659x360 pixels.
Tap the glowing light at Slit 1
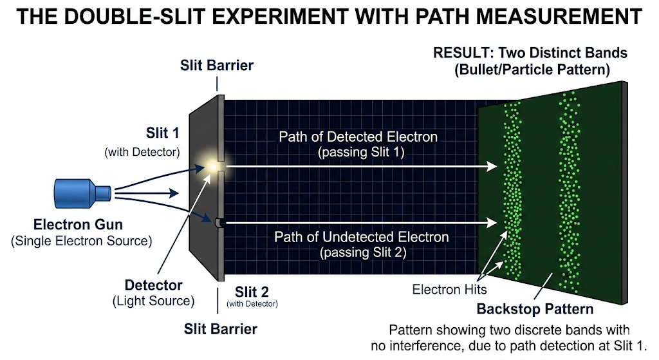coord(212,166)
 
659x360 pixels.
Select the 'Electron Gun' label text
coord(78,225)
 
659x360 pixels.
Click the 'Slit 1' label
coord(163,133)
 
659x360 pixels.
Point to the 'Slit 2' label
coord(252,292)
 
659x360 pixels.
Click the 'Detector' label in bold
coord(153,285)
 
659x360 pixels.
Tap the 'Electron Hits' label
coord(449,289)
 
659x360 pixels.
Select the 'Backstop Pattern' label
coord(535,309)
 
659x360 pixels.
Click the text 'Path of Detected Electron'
coord(358,137)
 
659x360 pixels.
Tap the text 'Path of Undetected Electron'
coord(362,237)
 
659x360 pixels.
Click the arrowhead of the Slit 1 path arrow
coord(492,166)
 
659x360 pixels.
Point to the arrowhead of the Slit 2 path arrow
coord(492,222)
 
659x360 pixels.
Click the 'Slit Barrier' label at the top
coord(217,65)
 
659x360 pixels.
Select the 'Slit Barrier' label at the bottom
coord(221,329)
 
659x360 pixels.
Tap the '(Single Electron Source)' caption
coord(82,241)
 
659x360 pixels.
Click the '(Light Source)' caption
coord(153,301)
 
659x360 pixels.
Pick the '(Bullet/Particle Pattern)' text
coord(532,70)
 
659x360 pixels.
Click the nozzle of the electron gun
coord(104,193)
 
